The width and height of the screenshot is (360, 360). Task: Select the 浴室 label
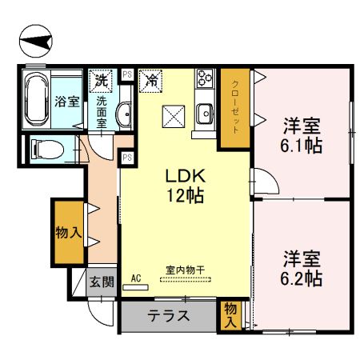click(68, 102)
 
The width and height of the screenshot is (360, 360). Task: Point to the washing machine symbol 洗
click(101, 80)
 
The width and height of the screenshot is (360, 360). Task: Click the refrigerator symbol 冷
click(150, 80)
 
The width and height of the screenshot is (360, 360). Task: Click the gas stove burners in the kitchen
click(203, 81)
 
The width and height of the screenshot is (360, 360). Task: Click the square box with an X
click(174, 115)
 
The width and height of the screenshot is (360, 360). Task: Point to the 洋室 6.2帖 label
click(302, 269)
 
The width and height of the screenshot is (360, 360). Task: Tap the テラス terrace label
click(169, 316)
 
